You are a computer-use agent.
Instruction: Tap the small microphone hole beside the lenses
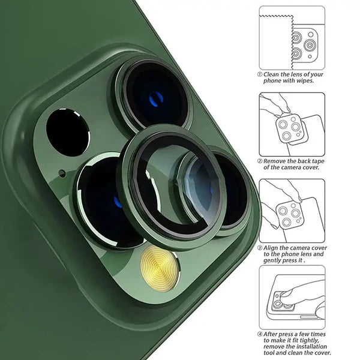62,174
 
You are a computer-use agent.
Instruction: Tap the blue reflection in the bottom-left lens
118,201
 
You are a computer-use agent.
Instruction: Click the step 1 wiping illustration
292,37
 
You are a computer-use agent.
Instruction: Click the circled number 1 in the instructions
260,75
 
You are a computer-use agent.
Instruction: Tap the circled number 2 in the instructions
260,160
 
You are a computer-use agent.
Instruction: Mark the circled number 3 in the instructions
260,247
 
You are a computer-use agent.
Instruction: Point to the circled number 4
260,334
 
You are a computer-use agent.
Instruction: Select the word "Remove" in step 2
278,161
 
